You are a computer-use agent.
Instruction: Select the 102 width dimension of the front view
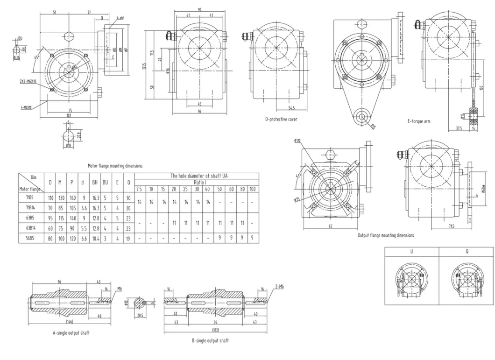[x=69, y=115]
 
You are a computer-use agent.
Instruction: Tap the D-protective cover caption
[x=281, y=120]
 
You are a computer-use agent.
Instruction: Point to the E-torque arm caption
[x=418, y=121]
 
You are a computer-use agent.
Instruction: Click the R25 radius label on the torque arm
[x=373, y=126]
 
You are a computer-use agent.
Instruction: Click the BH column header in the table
[x=95, y=183]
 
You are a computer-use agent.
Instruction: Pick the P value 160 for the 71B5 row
[x=71, y=198]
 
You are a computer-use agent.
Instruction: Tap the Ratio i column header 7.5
[x=139, y=189]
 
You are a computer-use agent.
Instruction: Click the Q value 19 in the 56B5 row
[x=128, y=238]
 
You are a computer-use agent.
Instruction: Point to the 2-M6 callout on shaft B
[x=279, y=287]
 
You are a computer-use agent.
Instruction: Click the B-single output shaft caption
[x=210, y=340]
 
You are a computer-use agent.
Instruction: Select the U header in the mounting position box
[x=411, y=252]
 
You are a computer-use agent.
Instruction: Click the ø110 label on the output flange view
[x=297, y=141]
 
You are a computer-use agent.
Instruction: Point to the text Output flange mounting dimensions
[x=385, y=235]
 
